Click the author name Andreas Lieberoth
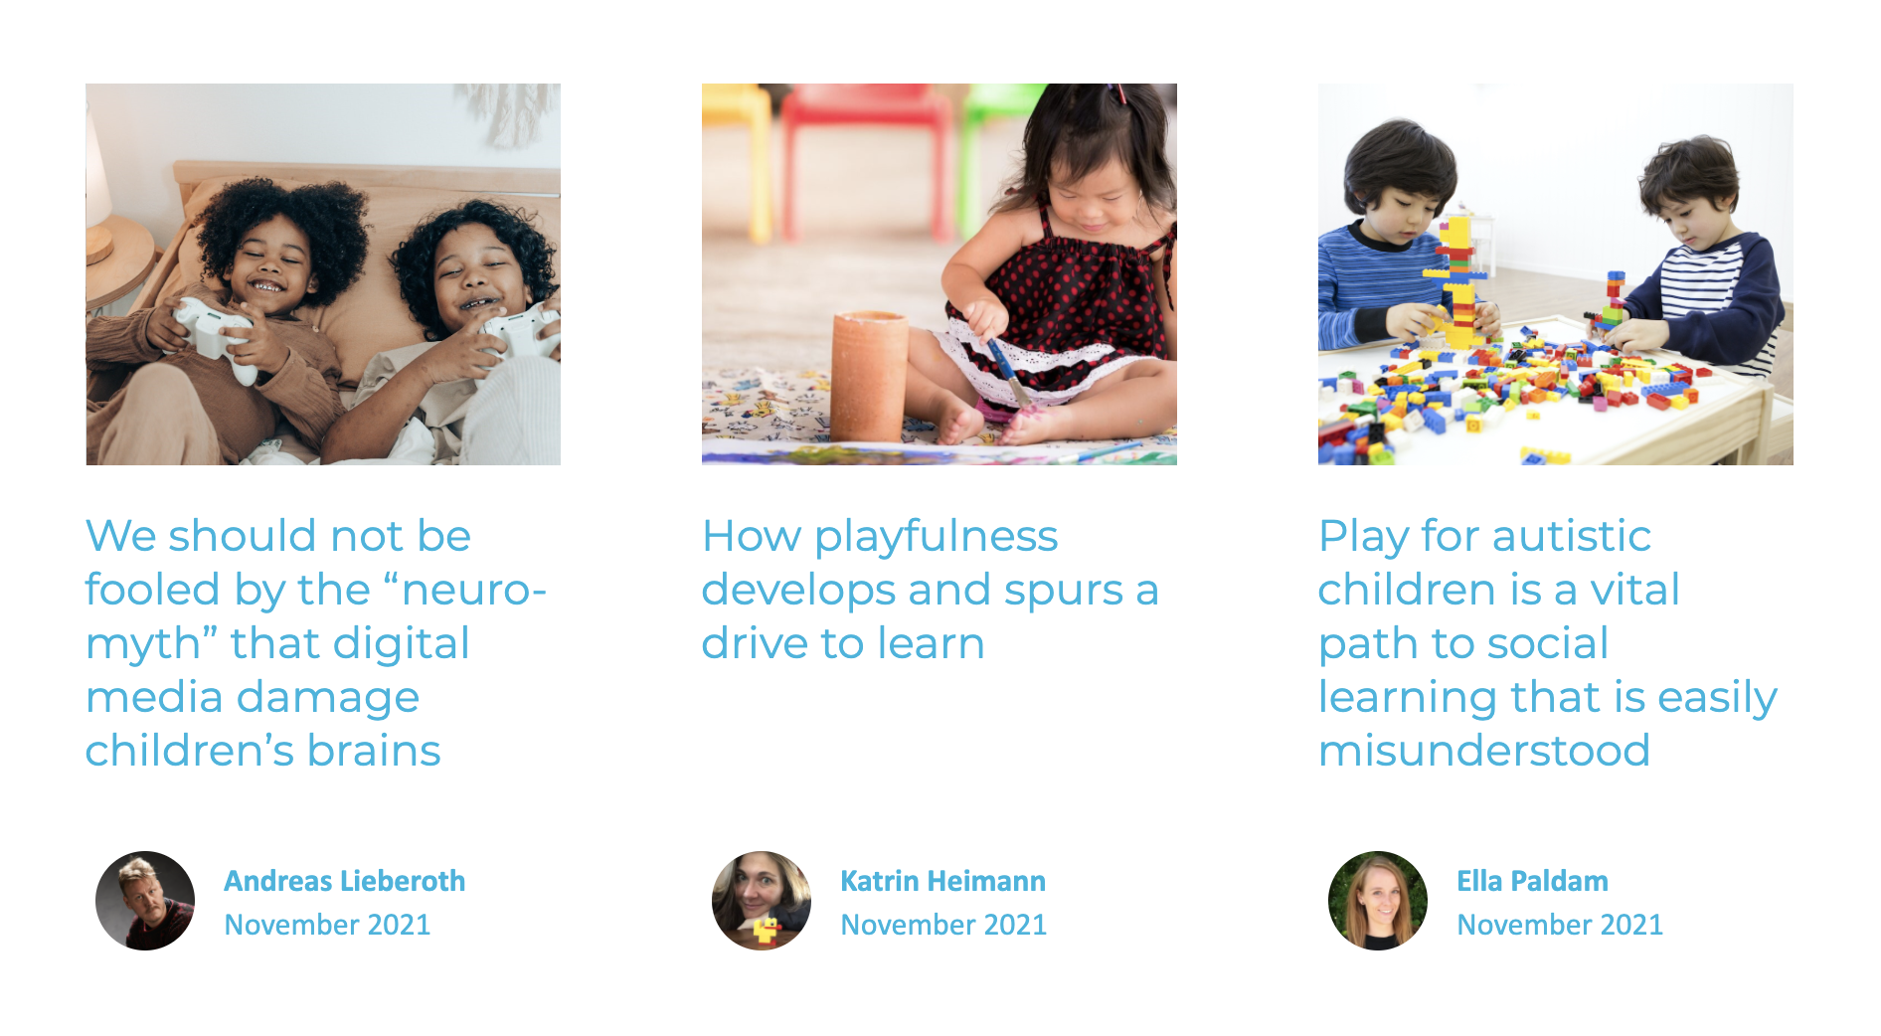pyautogui.click(x=344, y=881)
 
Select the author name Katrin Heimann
pyautogui.click(x=942, y=881)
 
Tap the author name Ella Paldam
pyautogui.click(x=1532, y=881)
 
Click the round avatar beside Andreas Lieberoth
pyautogui.click(x=145, y=901)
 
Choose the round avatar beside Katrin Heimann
pyautogui.click(x=762, y=901)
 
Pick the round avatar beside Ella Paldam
pyautogui.click(x=1378, y=901)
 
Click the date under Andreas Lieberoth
pyautogui.click(x=327, y=925)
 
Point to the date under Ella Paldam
pyautogui.click(x=1560, y=925)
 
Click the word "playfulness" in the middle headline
pyautogui.click(x=936, y=538)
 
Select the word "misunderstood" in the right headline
pyautogui.click(x=1484, y=751)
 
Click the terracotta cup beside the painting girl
pyautogui.click(x=869, y=376)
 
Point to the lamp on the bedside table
pyautogui.click(x=98, y=189)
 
